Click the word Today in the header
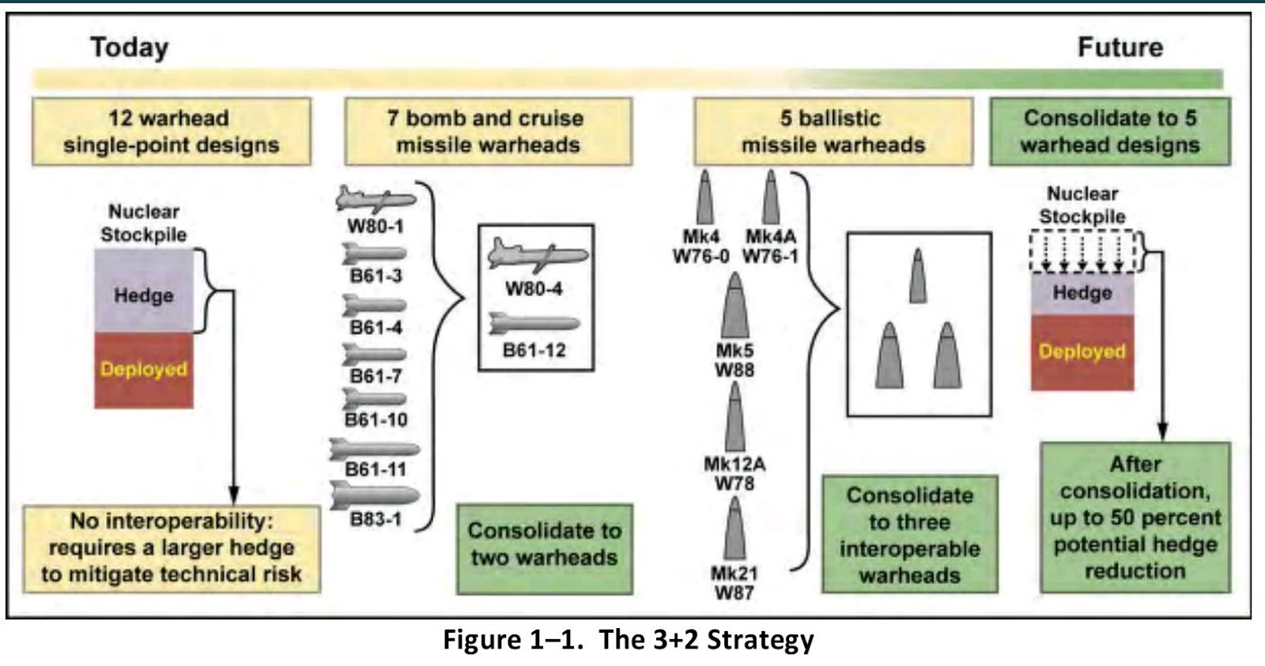click(129, 47)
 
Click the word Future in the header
click(1120, 47)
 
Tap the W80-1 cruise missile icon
click(375, 200)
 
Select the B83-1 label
click(376, 520)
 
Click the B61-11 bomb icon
click(375, 450)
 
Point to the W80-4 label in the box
click(534, 288)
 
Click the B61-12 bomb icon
click(534, 323)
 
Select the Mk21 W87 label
click(734, 583)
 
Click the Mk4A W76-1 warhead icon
click(770, 198)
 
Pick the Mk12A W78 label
click(734, 473)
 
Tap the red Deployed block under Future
click(1082, 352)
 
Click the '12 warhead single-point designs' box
click(171, 131)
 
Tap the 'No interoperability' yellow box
click(171, 548)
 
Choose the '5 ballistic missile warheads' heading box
click(833, 131)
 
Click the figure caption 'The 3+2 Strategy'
click(628, 639)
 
